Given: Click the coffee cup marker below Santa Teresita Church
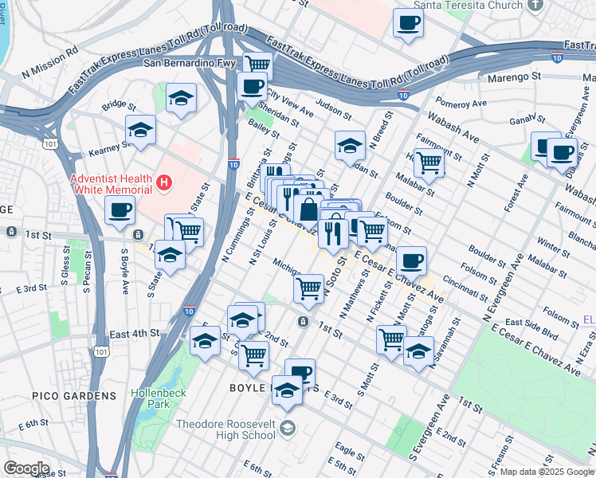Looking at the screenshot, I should [409, 23].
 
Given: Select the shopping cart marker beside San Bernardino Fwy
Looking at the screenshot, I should [257, 65].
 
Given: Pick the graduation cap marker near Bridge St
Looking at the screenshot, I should [181, 99].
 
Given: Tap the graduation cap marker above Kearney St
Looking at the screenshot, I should [141, 130].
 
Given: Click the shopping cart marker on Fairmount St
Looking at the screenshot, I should [429, 163].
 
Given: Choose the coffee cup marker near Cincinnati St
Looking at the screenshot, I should [411, 261].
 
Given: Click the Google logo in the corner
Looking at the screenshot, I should [25, 468].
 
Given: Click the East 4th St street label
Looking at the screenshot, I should [135, 333].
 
